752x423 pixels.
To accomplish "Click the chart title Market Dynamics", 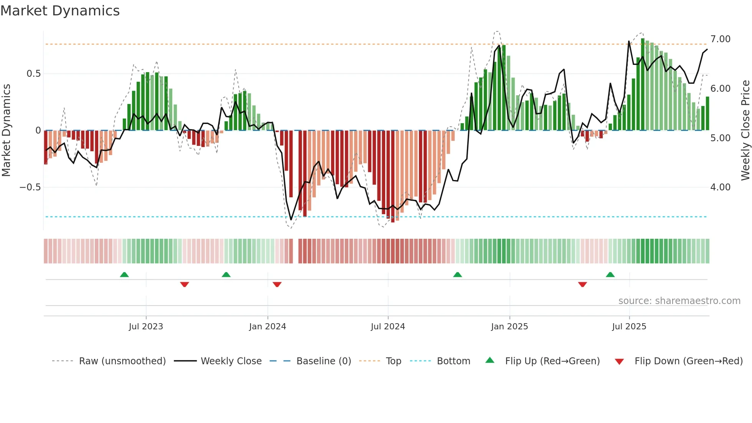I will tap(60, 11).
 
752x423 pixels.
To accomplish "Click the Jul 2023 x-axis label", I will tap(146, 327).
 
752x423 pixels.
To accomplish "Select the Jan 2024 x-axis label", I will tap(267, 327).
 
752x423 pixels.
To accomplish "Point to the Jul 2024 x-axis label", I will tap(388, 327).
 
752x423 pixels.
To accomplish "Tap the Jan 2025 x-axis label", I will tap(510, 327).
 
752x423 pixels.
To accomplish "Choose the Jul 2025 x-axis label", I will tap(629, 327).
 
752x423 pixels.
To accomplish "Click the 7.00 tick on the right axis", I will tap(720, 39).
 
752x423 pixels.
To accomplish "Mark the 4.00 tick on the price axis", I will tap(720, 187).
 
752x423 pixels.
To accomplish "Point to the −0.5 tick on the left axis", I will tap(30, 187).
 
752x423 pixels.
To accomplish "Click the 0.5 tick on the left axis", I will tap(33, 74).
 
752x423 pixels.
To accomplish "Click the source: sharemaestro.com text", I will tap(679, 301).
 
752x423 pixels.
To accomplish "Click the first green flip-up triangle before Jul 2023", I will tap(124, 275).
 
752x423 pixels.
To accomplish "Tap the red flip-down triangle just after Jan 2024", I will tap(277, 284).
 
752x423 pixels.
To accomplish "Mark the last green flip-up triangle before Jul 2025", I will tap(610, 275).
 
